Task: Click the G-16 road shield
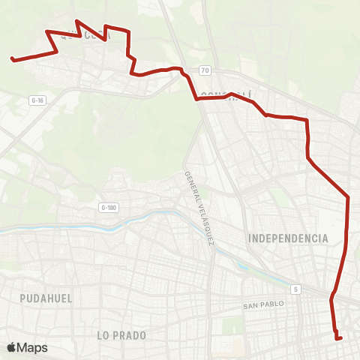[37, 99]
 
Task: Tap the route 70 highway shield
[204, 70]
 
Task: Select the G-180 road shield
[109, 207]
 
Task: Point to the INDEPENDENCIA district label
[288, 238]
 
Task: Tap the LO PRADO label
[121, 335]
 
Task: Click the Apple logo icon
[11, 347]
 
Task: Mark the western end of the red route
[11, 58]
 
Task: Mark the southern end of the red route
[341, 338]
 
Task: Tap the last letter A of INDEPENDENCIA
[325, 238]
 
